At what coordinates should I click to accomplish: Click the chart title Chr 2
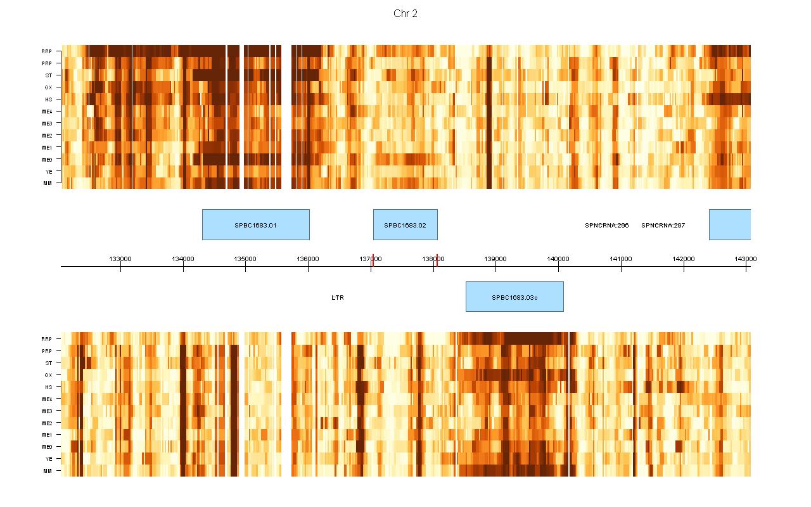405,14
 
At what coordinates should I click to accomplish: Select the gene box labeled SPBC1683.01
255,225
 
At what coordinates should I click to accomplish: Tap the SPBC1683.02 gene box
405,225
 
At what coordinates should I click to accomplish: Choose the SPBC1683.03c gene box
514,297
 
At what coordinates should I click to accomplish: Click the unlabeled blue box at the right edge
729,225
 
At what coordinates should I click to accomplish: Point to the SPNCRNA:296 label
606,225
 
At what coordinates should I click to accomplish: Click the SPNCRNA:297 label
663,225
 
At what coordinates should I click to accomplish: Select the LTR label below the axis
338,297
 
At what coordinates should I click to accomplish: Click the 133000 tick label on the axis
120,259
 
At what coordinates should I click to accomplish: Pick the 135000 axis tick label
245,259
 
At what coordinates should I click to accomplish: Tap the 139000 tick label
495,259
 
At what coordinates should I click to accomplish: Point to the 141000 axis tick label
621,259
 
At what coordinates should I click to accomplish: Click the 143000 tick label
745,259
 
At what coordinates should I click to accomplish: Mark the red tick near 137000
373,258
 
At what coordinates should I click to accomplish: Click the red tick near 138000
437,258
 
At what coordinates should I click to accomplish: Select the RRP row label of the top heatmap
47,51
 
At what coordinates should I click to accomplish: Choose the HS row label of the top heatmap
48,99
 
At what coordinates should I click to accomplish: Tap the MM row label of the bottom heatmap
48,471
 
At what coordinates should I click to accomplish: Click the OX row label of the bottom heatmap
48,375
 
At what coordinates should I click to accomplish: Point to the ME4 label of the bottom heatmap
47,399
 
